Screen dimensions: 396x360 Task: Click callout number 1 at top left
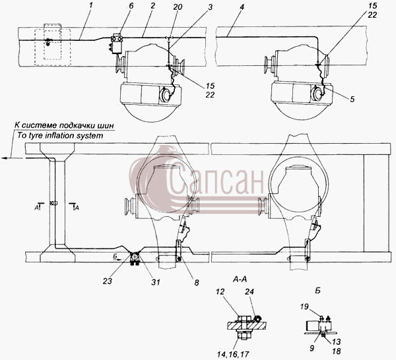tap(91, 5)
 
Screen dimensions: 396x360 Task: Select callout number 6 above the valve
tap(131, 6)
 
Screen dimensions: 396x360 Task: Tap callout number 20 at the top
tap(178, 7)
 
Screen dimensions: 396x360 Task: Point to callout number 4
tap(242, 7)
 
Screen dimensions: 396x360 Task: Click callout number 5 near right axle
tap(352, 99)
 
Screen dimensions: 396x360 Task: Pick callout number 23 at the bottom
tap(108, 281)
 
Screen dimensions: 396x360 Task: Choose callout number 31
tap(156, 282)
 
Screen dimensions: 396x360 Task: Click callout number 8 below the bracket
tap(197, 282)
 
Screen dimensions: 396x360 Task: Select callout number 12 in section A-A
tap(220, 291)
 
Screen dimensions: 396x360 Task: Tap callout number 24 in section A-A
tap(249, 291)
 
